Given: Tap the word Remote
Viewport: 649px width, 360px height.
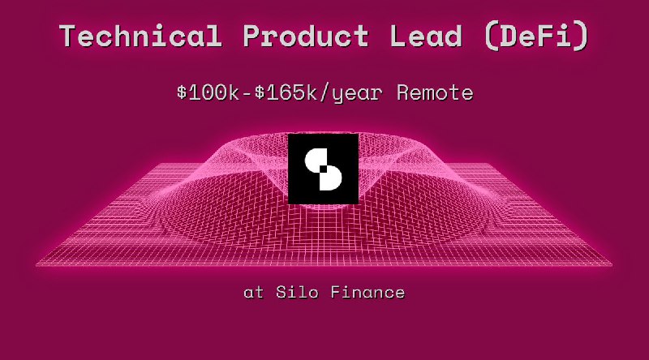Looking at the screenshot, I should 435,92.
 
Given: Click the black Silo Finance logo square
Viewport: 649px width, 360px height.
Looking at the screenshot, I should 323,169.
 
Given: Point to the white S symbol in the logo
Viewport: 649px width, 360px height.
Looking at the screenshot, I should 323,169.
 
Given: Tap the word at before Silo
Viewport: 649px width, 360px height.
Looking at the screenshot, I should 253,292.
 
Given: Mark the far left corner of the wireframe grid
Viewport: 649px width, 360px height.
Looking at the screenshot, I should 37,264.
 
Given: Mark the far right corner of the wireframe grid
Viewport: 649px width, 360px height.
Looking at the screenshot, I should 612,264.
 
